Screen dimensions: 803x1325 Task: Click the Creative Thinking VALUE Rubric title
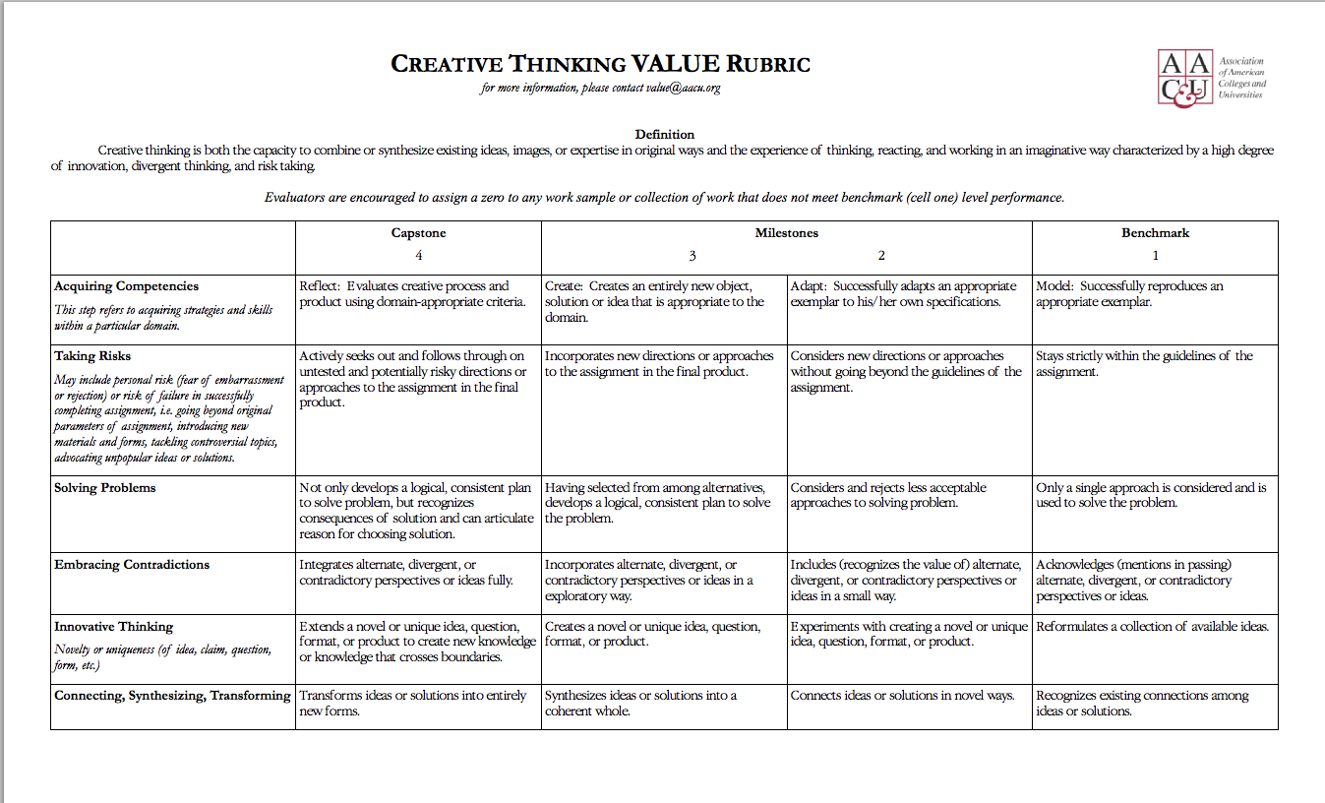click(x=600, y=65)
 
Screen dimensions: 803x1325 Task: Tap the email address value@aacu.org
click(x=684, y=89)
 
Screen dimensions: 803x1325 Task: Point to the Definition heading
click(x=664, y=134)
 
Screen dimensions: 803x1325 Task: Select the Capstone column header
click(x=418, y=233)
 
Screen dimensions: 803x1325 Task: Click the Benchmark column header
click(x=1155, y=233)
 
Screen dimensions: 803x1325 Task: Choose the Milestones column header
click(x=786, y=233)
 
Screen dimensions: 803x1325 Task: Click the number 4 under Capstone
click(x=418, y=256)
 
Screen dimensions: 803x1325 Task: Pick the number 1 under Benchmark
click(x=1155, y=256)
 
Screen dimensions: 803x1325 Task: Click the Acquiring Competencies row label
click(x=126, y=286)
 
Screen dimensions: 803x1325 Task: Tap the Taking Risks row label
click(x=92, y=356)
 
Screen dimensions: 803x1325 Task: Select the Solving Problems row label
click(x=105, y=488)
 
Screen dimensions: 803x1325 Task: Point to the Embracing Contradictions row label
click(x=132, y=565)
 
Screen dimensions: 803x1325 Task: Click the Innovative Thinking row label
click(x=113, y=627)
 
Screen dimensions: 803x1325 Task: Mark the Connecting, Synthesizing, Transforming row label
click(x=172, y=696)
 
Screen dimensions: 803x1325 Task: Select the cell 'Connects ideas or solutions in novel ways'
click(x=902, y=696)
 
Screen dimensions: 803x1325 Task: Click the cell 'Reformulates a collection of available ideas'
click(x=1152, y=627)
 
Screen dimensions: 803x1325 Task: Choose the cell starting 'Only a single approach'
click(x=1151, y=495)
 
